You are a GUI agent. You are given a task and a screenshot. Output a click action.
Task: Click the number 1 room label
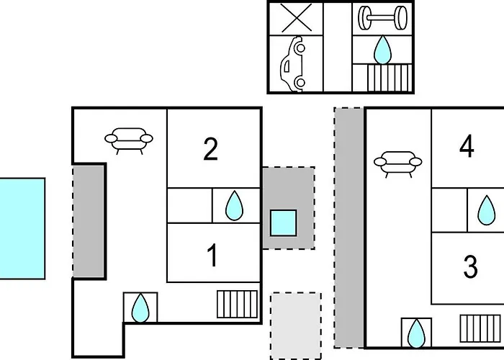pyautogui.click(x=213, y=255)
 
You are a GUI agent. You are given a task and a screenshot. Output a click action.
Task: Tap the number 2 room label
pyautogui.click(x=211, y=149)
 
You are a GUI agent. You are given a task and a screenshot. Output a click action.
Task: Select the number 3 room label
pyautogui.click(x=471, y=266)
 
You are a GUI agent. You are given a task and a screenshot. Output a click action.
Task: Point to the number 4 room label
pyautogui.click(x=467, y=146)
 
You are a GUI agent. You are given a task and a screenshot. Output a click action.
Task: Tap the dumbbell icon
pyautogui.click(x=382, y=18)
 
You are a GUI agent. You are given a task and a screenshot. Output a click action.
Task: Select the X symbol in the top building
pyautogui.click(x=297, y=18)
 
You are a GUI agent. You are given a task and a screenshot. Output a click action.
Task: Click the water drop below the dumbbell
pyautogui.click(x=382, y=50)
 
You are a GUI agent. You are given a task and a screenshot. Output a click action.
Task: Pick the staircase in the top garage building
pyautogui.click(x=390, y=78)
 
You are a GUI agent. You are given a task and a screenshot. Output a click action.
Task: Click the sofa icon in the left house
pyautogui.click(x=129, y=141)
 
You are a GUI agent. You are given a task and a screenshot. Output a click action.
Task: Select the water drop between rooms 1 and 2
pyautogui.click(x=234, y=206)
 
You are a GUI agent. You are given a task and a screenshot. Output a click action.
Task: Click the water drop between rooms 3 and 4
pyautogui.click(x=486, y=210)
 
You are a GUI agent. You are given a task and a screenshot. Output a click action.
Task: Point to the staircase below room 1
pyautogui.click(x=237, y=304)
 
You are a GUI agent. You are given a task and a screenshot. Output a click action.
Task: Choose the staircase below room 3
pyautogui.click(x=480, y=328)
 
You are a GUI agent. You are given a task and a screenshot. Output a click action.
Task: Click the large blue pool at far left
pyautogui.click(x=22, y=228)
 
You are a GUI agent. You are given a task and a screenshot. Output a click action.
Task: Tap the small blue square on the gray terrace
pyautogui.click(x=283, y=222)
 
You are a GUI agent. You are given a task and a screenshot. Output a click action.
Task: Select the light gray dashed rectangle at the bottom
pyautogui.click(x=296, y=326)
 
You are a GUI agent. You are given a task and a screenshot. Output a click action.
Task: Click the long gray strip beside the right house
pyautogui.click(x=349, y=228)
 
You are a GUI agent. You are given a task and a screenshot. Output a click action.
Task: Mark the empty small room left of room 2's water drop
pyautogui.click(x=189, y=205)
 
